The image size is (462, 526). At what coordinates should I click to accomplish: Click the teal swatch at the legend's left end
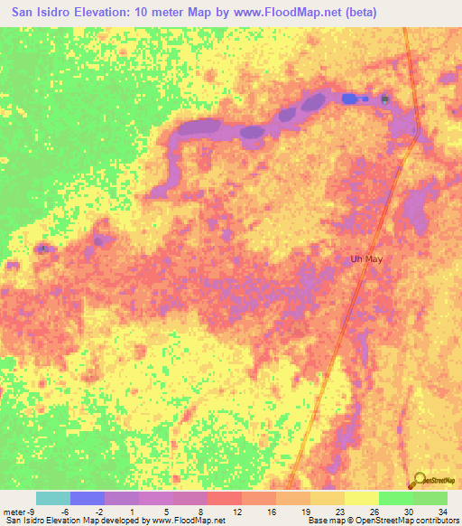pyautogui.click(x=52, y=498)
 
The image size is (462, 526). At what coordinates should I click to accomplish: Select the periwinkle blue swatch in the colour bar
pyautogui.click(x=87, y=498)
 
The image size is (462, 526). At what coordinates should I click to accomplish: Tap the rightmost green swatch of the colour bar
pyautogui.click(x=430, y=498)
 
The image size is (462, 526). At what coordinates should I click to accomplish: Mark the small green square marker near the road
pyautogui.click(x=385, y=99)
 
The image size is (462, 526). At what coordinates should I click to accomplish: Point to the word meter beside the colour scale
pyautogui.click(x=13, y=511)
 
